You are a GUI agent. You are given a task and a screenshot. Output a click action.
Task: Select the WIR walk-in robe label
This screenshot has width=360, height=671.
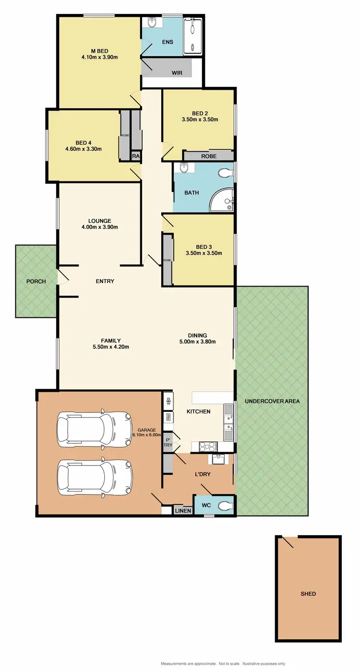coord(178,73)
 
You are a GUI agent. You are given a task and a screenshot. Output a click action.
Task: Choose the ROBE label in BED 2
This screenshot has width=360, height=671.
coord(209,156)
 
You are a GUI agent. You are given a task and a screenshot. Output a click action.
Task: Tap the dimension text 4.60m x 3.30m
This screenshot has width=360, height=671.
coord(83,149)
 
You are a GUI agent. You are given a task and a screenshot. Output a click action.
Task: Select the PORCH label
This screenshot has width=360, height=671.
coord(36,281)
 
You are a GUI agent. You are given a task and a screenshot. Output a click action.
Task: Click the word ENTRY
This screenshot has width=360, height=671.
coord(105,281)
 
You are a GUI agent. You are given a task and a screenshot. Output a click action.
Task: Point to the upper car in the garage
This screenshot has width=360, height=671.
coord(94,426)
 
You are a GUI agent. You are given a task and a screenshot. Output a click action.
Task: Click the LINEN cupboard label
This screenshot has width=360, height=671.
coord(183,511)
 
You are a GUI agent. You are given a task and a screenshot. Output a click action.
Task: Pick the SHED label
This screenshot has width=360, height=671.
coord(308,594)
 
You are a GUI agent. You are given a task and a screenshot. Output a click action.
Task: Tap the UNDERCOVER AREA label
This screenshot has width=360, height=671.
coord(272,401)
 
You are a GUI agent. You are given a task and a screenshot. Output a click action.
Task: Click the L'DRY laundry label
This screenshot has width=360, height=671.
coord(203,475)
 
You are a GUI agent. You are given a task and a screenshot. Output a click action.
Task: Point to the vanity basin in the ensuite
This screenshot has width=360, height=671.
coord(153,22)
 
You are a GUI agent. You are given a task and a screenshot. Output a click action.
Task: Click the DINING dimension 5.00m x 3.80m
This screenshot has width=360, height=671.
coord(197,342)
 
